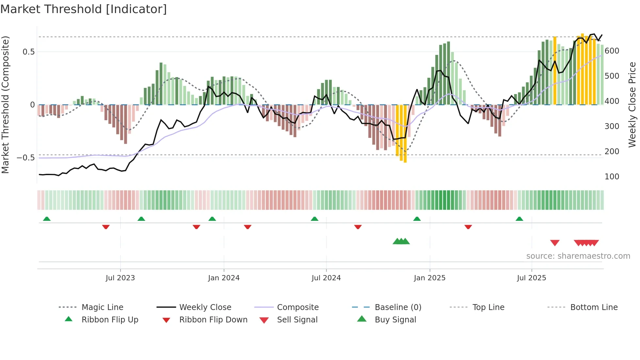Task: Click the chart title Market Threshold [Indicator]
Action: (x=84, y=9)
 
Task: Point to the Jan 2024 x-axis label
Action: (x=224, y=278)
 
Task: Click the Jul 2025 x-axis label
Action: (x=531, y=278)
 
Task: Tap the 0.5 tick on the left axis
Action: (x=28, y=52)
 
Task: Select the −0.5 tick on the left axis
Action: (x=25, y=158)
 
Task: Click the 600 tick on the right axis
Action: (x=612, y=51)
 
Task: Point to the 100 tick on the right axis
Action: (x=612, y=177)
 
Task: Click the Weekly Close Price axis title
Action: (x=632, y=105)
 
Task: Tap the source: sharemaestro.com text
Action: (x=578, y=256)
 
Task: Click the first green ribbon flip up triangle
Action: (x=47, y=219)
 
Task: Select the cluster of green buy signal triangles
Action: (x=401, y=241)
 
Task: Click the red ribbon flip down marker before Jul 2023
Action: (x=106, y=227)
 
